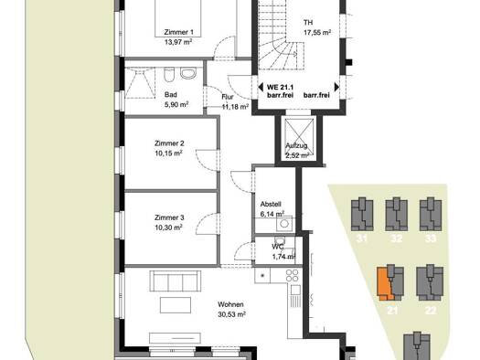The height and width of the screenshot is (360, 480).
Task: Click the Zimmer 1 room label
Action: (179, 32)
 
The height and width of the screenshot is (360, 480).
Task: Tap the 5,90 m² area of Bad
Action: (176, 104)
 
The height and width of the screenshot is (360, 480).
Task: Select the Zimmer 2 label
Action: (169, 143)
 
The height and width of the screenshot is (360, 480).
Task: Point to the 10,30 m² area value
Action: (168, 228)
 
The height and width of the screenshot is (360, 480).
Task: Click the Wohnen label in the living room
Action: (230, 304)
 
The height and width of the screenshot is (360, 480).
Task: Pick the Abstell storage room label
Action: (271, 204)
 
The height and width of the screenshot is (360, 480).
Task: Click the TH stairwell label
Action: (308, 22)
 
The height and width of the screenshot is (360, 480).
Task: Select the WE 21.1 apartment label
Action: (280, 88)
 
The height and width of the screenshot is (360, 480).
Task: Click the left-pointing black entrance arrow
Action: (261, 87)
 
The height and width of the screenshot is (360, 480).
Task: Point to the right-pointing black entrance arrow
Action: (336, 87)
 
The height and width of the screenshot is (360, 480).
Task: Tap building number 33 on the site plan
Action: (431, 238)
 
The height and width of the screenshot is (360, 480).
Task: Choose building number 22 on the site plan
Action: (431, 311)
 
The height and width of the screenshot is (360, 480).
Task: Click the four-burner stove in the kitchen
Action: (293, 275)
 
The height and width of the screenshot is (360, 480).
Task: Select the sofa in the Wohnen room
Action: (176, 281)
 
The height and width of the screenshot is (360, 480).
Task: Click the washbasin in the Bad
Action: (188, 73)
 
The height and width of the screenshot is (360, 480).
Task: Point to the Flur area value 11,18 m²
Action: (235, 107)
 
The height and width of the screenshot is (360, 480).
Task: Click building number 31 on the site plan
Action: (362, 238)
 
